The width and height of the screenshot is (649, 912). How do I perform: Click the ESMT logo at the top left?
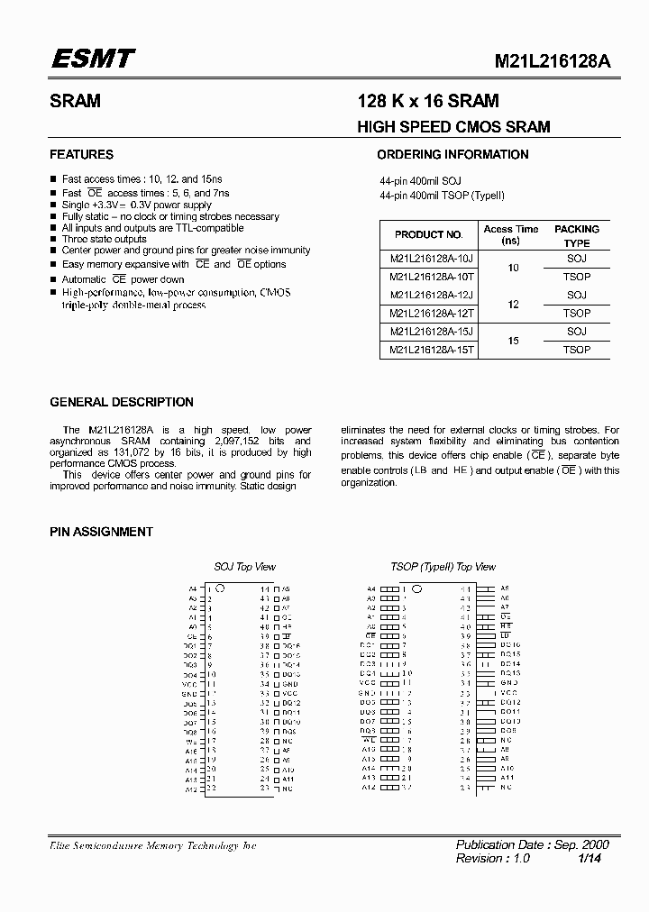92,59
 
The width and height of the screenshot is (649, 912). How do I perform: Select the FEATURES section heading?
81,154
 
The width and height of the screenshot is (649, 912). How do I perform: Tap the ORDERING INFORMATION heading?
452,154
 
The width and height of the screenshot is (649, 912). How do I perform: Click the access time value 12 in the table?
514,305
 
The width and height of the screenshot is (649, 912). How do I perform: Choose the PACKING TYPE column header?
577,236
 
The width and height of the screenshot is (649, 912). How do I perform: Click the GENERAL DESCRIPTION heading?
122,402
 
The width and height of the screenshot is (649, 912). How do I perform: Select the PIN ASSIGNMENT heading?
101,532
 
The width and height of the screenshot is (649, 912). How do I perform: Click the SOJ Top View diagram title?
244,567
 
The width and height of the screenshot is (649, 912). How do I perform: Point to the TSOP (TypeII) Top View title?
443,567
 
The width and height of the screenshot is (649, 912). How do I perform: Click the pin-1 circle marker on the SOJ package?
221,588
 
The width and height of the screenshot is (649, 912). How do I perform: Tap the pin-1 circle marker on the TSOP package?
416,588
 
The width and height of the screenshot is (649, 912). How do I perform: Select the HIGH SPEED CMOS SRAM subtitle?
454,127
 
